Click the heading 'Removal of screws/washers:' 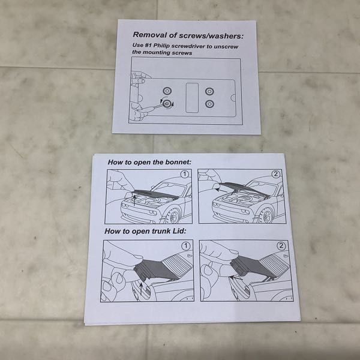coord(188,35)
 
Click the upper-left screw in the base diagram coord(167,91)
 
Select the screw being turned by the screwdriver coord(167,104)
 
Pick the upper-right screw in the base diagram coord(209,92)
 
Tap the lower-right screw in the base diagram coord(209,104)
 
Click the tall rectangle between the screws coord(192,98)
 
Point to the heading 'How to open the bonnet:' coord(149,162)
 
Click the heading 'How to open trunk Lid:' coord(145,231)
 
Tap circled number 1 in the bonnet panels coord(185,174)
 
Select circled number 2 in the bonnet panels coord(276,174)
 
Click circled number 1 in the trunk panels coord(186,246)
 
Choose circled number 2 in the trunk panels coord(281,246)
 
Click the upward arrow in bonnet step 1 coord(134,200)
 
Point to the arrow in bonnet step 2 coord(221,190)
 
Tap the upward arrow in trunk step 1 coord(141,289)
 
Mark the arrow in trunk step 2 coord(236,278)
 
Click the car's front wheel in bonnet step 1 coord(173,216)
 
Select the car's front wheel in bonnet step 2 coord(266,216)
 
